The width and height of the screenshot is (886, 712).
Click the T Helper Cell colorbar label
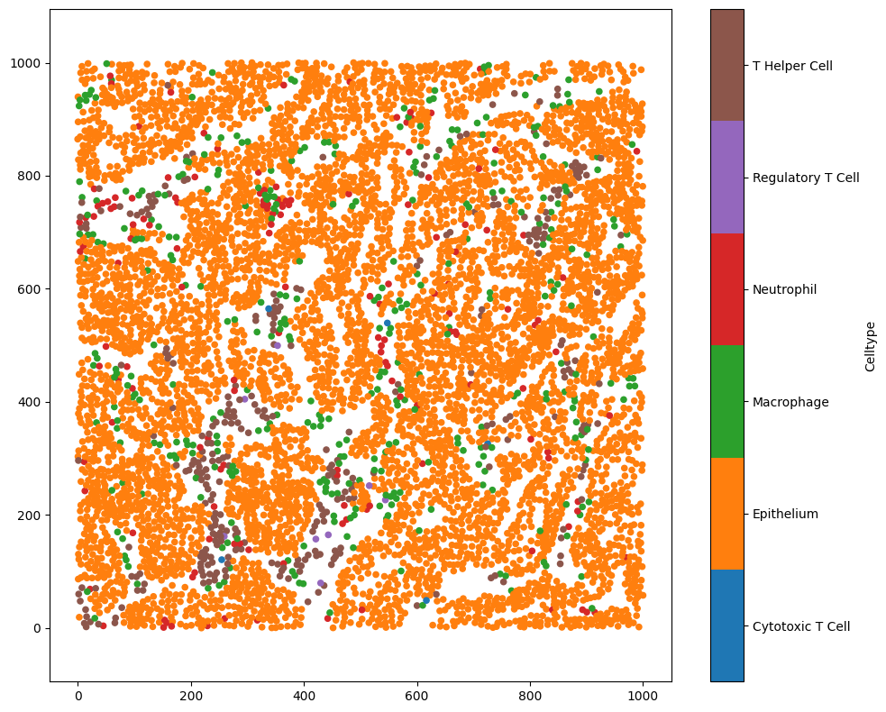tap(792, 66)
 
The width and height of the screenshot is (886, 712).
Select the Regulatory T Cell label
tap(806, 178)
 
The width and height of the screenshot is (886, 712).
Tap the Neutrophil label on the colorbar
tap(784, 289)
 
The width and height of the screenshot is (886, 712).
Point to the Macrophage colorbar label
tap(790, 402)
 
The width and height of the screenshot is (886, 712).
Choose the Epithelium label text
tap(785, 514)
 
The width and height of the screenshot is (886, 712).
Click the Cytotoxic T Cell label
tap(801, 626)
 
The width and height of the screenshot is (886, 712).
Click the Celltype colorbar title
tap(870, 346)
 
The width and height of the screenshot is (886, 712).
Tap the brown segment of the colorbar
tap(727, 65)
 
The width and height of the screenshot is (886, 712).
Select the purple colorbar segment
tap(727, 177)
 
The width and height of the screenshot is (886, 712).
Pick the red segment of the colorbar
tap(727, 289)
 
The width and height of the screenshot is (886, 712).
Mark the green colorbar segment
tap(727, 401)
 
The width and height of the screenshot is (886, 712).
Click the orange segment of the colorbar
tap(727, 514)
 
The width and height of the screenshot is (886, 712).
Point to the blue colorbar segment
tap(727, 625)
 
